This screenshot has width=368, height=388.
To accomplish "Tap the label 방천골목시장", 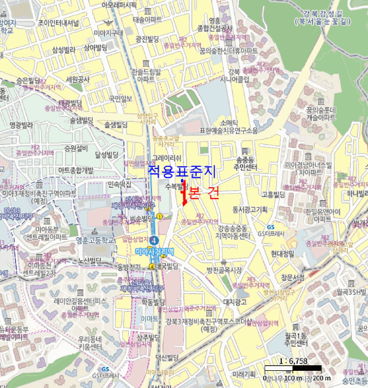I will [224, 270].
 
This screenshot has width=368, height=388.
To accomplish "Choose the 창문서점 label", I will [293, 277].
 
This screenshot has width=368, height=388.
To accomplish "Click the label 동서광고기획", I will [250, 209].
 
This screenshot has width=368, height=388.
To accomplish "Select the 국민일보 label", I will [120, 99].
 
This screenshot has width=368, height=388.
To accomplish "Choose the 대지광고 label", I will [234, 302].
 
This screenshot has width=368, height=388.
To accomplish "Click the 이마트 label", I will [149, 319].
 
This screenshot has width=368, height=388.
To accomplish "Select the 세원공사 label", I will [77, 79].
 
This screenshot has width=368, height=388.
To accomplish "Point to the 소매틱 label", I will [229, 122].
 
